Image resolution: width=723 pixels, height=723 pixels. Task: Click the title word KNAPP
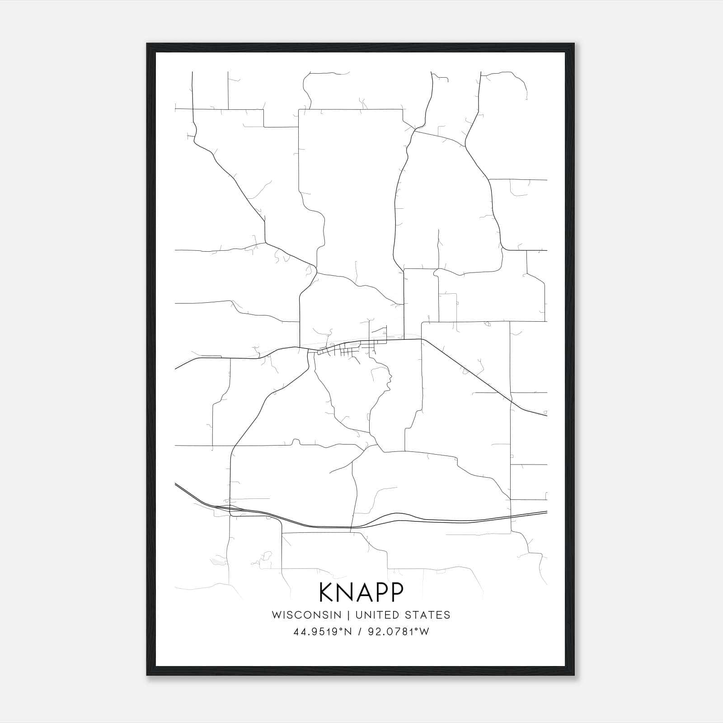[361, 592]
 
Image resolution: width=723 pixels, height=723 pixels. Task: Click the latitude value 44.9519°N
[323, 632]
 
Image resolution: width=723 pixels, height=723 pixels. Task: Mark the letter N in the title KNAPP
[346, 592]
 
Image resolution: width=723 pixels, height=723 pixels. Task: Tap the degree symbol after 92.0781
[416, 629]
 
